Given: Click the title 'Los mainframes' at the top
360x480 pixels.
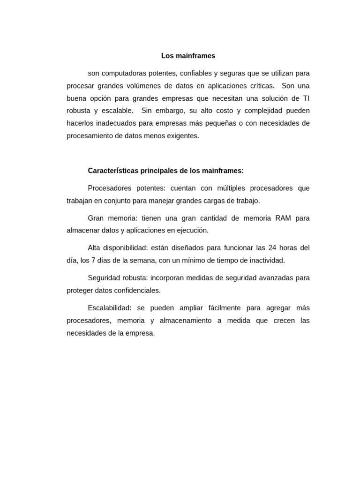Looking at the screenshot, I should tap(188, 56).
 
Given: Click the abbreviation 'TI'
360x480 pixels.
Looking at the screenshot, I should tap(306, 98).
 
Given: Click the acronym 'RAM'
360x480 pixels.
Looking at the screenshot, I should tap(283, 218).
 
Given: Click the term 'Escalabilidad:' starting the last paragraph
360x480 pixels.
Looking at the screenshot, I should tap(110, 308).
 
